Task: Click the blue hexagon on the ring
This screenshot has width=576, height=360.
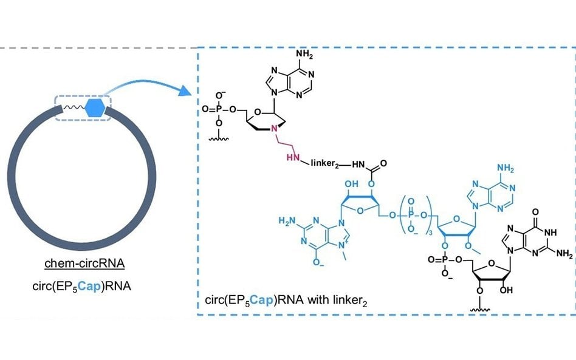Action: [94, 108]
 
